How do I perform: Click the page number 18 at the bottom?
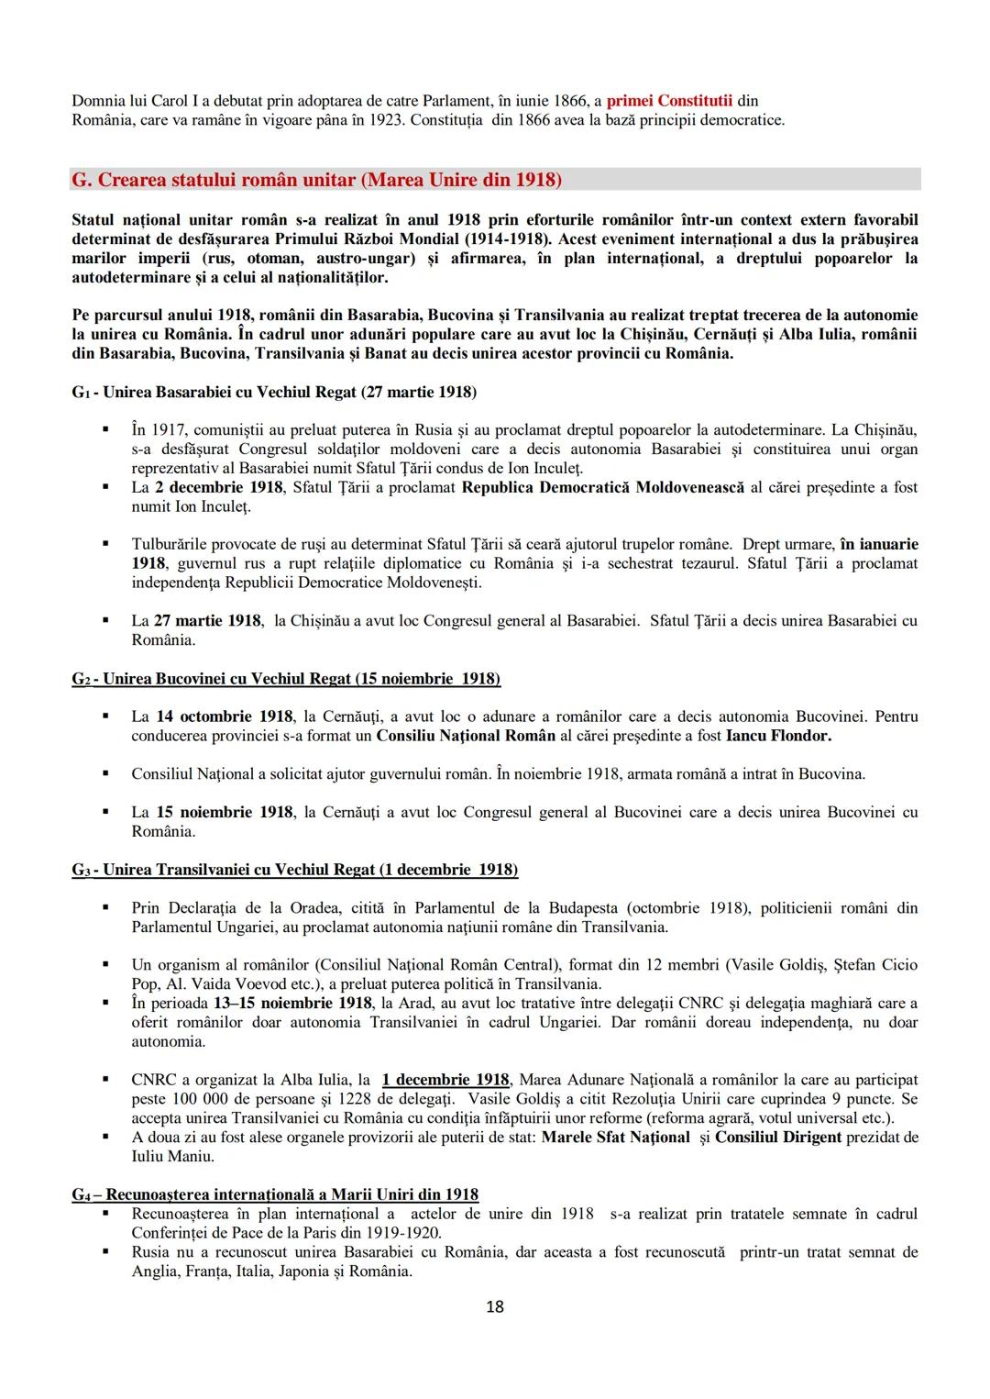pyautogui.click(x=494, y=1306)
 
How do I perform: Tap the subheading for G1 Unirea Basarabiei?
pyautogui.click(x=274, y=392)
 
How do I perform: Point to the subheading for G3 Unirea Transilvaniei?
pyautogui.click(x=294, y=869)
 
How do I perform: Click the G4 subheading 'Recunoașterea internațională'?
pyautogui.click(x=275, y=1194)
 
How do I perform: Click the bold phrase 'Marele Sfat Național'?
pyautogui.click(x=615, y=1137)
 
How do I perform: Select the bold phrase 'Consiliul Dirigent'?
pyautogui.click(x=777, y=1137)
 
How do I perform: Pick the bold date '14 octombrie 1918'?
pyautogui.click(x=225, y=716)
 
